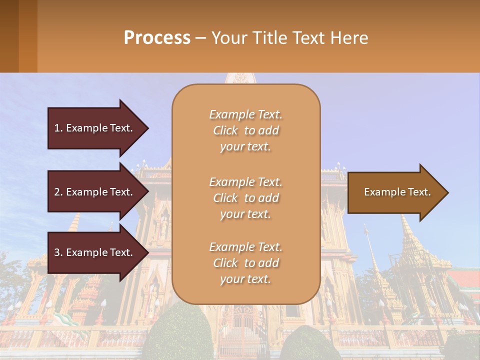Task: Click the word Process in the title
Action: (157, 38)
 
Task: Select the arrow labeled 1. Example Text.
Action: (95, 128)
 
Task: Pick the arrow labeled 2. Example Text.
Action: (95, 192)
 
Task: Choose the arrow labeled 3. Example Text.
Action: (95, 252)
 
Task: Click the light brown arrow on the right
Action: (395, 192)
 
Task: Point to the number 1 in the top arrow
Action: (57, 128)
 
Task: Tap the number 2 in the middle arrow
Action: (57, 192)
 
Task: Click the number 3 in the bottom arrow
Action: (57, 252)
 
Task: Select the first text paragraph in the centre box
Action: (245, 130)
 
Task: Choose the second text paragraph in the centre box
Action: (245, 198)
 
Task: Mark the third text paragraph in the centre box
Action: (245, 263)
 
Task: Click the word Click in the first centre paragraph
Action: (225, 130)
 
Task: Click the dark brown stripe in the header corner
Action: (9, 36)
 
